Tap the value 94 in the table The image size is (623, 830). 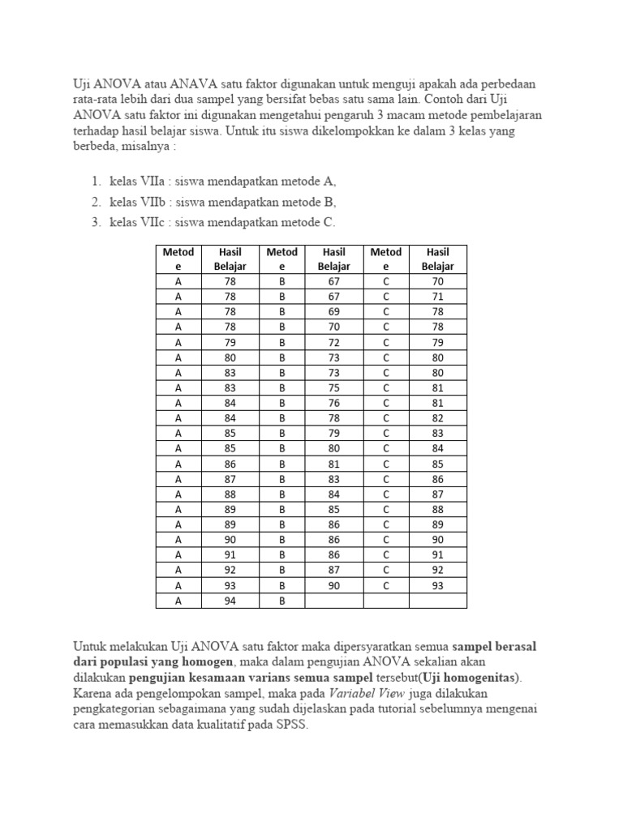tap(230, 601)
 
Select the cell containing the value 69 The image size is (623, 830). tap(333, 311)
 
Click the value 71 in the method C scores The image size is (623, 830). tap(438, 296)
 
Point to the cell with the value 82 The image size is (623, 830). tap(438, 417)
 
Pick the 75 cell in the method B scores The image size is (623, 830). tap(333, 387)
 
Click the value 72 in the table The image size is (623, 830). tap(333, 342)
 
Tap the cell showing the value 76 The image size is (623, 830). tap(333, 403)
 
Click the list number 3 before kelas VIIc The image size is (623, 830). tap(95, 223)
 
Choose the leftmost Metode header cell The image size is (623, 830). tap(178, 259)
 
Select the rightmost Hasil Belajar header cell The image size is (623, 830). tap(438, 259)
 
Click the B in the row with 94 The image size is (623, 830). tap(281, 601)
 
